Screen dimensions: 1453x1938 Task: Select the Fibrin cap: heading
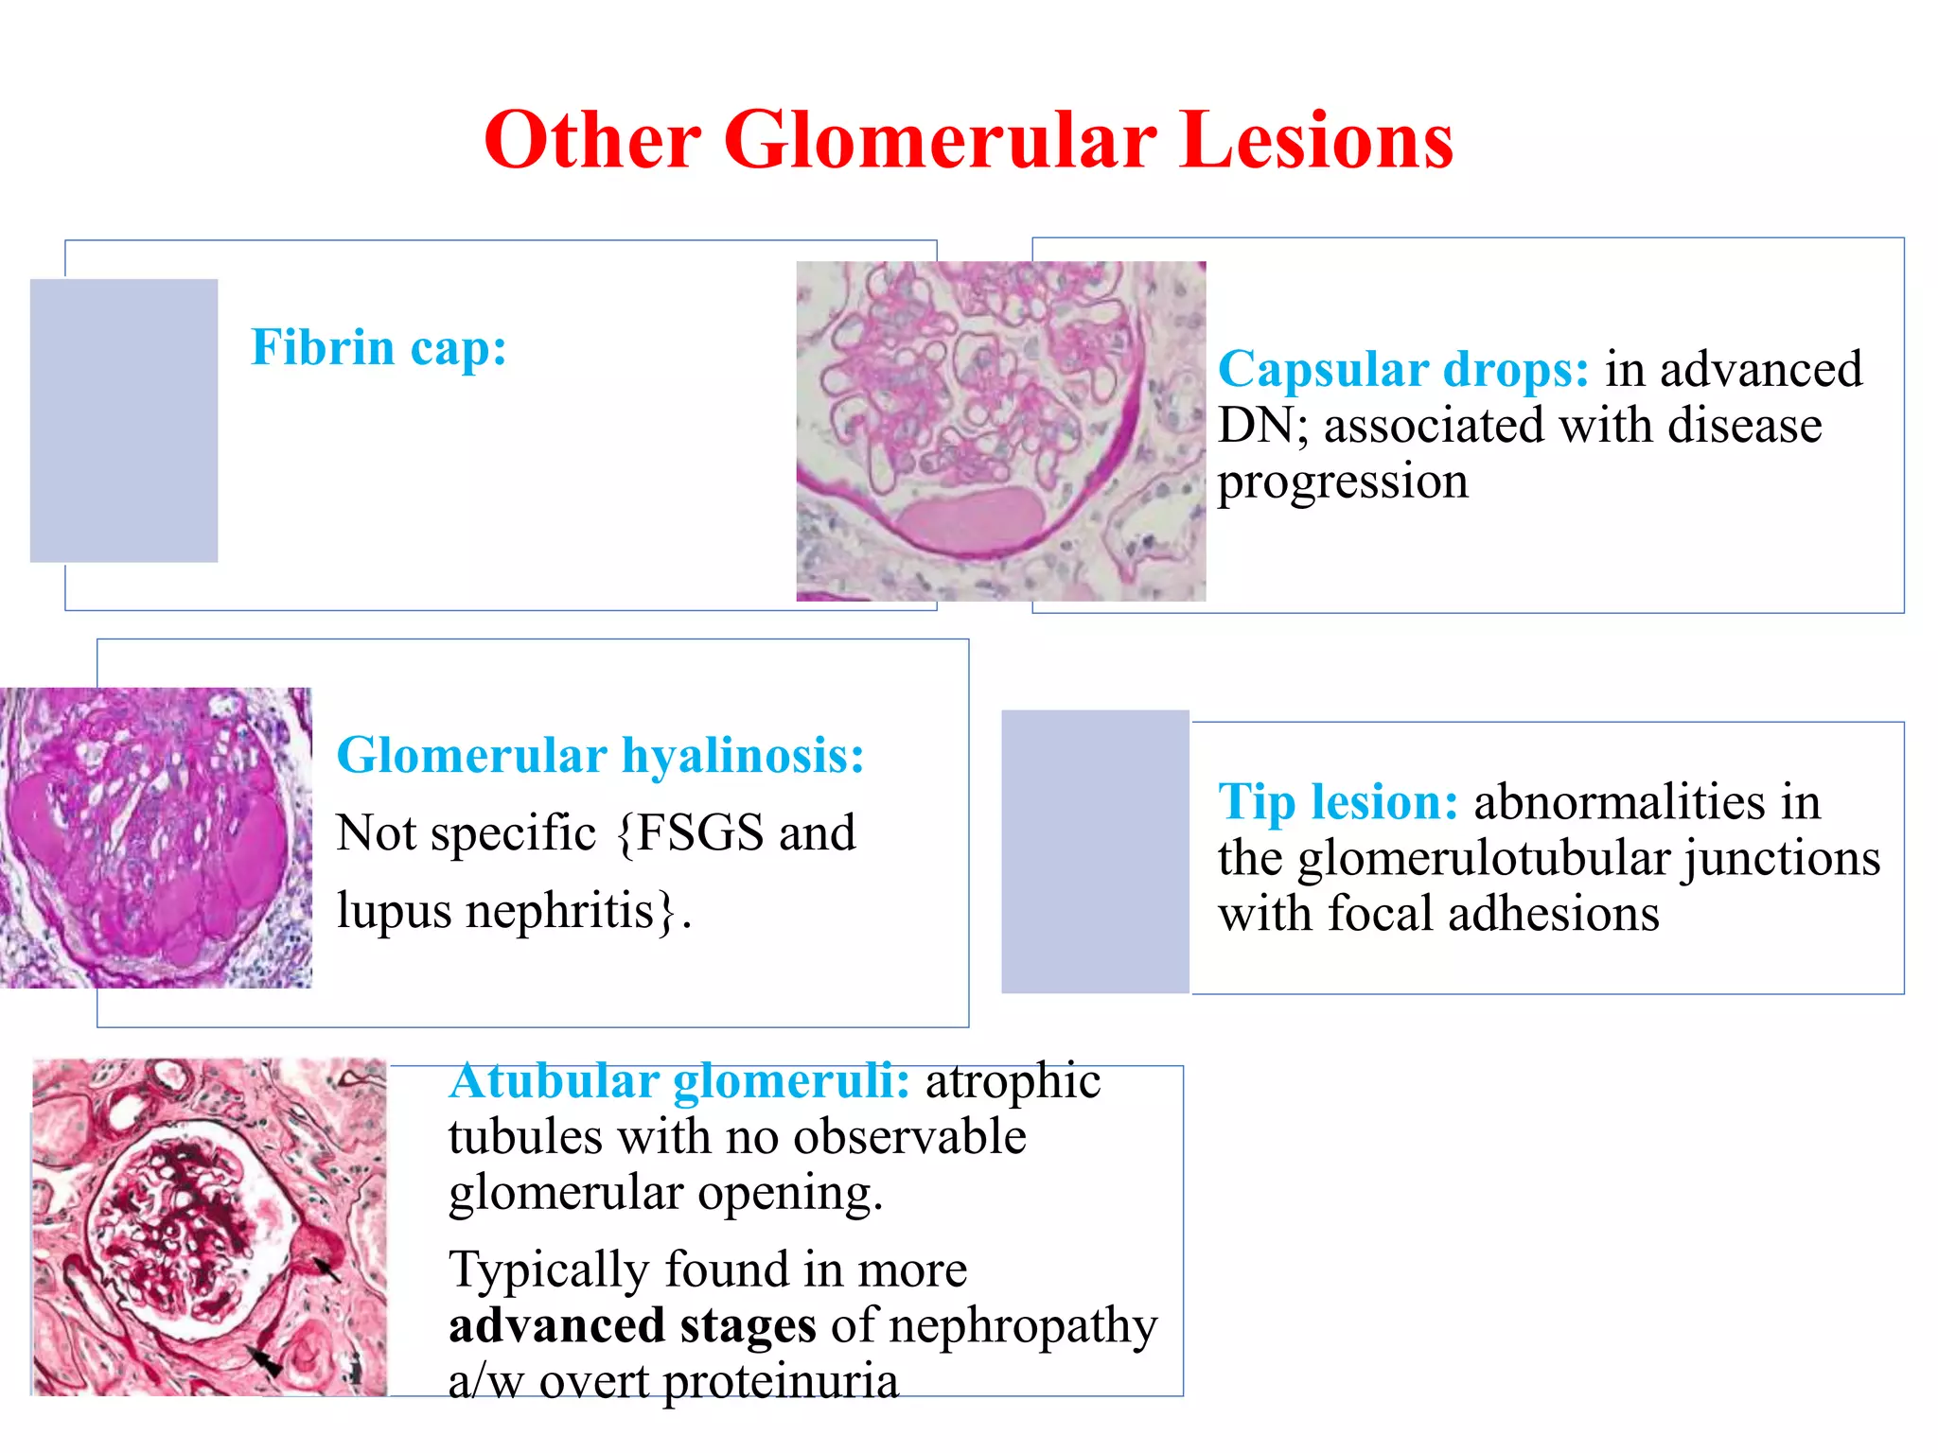(379, 347)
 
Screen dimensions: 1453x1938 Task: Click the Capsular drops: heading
(1402, 369)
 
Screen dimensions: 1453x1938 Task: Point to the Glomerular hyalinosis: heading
(600, 756)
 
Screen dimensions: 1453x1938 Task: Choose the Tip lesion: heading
(1338, 802)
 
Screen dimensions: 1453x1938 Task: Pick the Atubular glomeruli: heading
(679, 1081)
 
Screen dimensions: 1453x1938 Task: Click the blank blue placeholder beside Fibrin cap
(124, 420)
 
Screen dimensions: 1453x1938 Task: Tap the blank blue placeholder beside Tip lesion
(1095, 851)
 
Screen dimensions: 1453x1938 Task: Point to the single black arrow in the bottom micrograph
(326, 1268)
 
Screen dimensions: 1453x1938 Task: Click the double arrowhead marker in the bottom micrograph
(265, 1362)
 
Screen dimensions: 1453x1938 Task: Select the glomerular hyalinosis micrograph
(156, 837)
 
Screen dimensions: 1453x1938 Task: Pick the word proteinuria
(781, 1382)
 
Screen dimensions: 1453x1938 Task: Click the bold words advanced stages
(632, 1325)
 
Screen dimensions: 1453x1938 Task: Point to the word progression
(1343, 482)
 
